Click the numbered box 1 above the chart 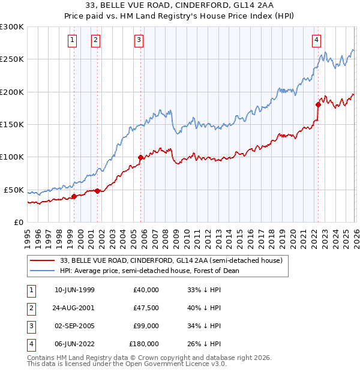point(72,40)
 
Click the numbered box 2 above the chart point(95,40)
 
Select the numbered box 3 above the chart point(139,40)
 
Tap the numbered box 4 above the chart point(316,40)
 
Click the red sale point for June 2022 point(318,104)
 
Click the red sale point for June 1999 point(74,196)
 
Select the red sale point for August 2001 point(97,191)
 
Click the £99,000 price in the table point(144,326)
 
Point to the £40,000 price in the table point(144,290)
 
